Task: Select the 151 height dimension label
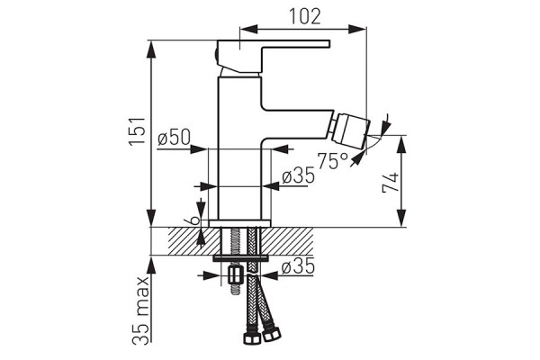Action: click(135, 133)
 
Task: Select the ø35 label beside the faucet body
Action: click(297, 176)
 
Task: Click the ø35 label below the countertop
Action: click(297, 267)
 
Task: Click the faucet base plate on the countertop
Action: click(239, 222)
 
